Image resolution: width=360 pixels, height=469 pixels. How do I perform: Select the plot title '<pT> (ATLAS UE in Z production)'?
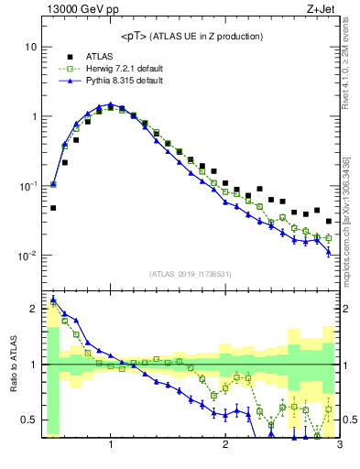point(191,36)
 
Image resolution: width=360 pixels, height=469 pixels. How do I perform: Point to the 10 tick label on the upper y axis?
point(30,47)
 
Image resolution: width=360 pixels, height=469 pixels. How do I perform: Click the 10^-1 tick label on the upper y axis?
point(27,186)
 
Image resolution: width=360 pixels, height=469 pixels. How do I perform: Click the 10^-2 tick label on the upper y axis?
point(27,256)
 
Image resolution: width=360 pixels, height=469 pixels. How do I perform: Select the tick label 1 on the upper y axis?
point(33,116)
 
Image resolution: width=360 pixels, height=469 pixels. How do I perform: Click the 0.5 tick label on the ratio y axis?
point(28,420)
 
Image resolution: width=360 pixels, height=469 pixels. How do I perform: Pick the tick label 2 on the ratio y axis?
point(33,309)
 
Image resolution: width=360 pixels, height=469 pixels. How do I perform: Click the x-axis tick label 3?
point(339,445)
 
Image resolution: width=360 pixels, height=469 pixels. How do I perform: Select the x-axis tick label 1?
point(111,445)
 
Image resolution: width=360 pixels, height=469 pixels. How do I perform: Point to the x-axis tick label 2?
point(225,445)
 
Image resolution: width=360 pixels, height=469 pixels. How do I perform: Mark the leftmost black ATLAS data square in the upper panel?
point(53,208)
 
